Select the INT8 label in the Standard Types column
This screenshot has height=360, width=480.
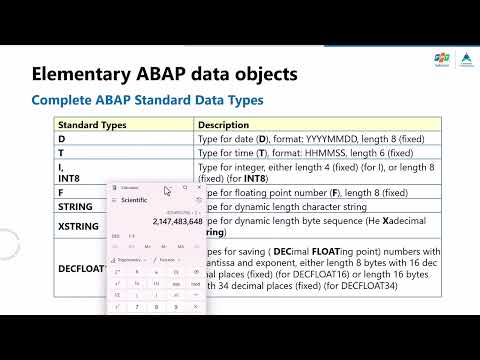click(x=70, y=178)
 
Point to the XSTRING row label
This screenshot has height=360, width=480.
click(x=78, y=226)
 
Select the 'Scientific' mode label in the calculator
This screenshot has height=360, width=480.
click(x=137, y=202)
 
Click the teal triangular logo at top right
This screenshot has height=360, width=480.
click(x=464, y=62)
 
